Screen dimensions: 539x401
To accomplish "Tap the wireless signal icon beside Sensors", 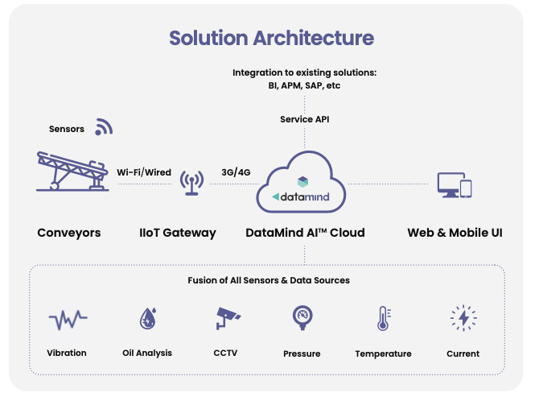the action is click(x=104, y=126).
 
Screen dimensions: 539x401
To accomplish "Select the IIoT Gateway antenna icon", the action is click(x=191, y=183).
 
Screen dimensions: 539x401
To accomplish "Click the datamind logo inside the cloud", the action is click(x=301, y=190).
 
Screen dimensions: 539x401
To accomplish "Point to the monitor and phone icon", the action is click(x=455, y=185).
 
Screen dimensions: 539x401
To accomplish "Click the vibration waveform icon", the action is click(x=68, y=320).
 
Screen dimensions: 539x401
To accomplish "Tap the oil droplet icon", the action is click(x=148, y=318).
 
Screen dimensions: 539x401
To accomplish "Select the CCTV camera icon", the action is click(x=228, y=318).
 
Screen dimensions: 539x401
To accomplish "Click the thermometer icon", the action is click(x=384, y=318).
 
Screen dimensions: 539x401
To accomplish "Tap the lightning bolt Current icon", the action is click(x=463, y=318).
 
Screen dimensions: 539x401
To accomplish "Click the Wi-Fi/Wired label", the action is click(x=144, y=172).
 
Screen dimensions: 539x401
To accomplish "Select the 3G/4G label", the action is click(x=236, y=172).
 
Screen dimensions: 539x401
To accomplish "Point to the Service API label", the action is click(x=305, y=119).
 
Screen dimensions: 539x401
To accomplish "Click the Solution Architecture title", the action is click(x=272, y=38).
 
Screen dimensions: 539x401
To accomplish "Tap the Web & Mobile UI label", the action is click(x=455, y=233).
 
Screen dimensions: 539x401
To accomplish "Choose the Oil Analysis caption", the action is click(x=147, y=353).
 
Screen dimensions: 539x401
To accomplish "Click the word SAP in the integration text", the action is click(x=314, y=85).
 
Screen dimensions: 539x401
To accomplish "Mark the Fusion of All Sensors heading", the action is click(x=269, y=280).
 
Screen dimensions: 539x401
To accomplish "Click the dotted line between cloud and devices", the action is click(x=388, y=184).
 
